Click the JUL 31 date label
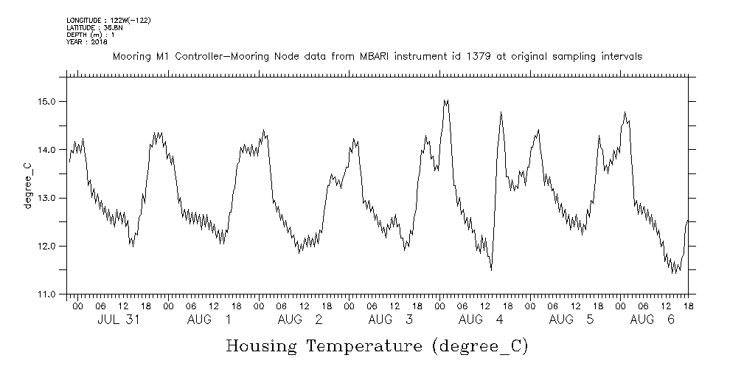coord(119,320)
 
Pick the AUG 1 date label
coord(209,320)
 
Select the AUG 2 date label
coord(300,320)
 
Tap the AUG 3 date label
coord(391,320)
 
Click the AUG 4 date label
coord(481,320)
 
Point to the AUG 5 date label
coord(571,320)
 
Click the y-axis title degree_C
coord(27,185)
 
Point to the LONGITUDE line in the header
coord(108,20)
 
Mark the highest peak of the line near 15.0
coord(445,100)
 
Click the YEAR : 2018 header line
coord(87,42)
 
